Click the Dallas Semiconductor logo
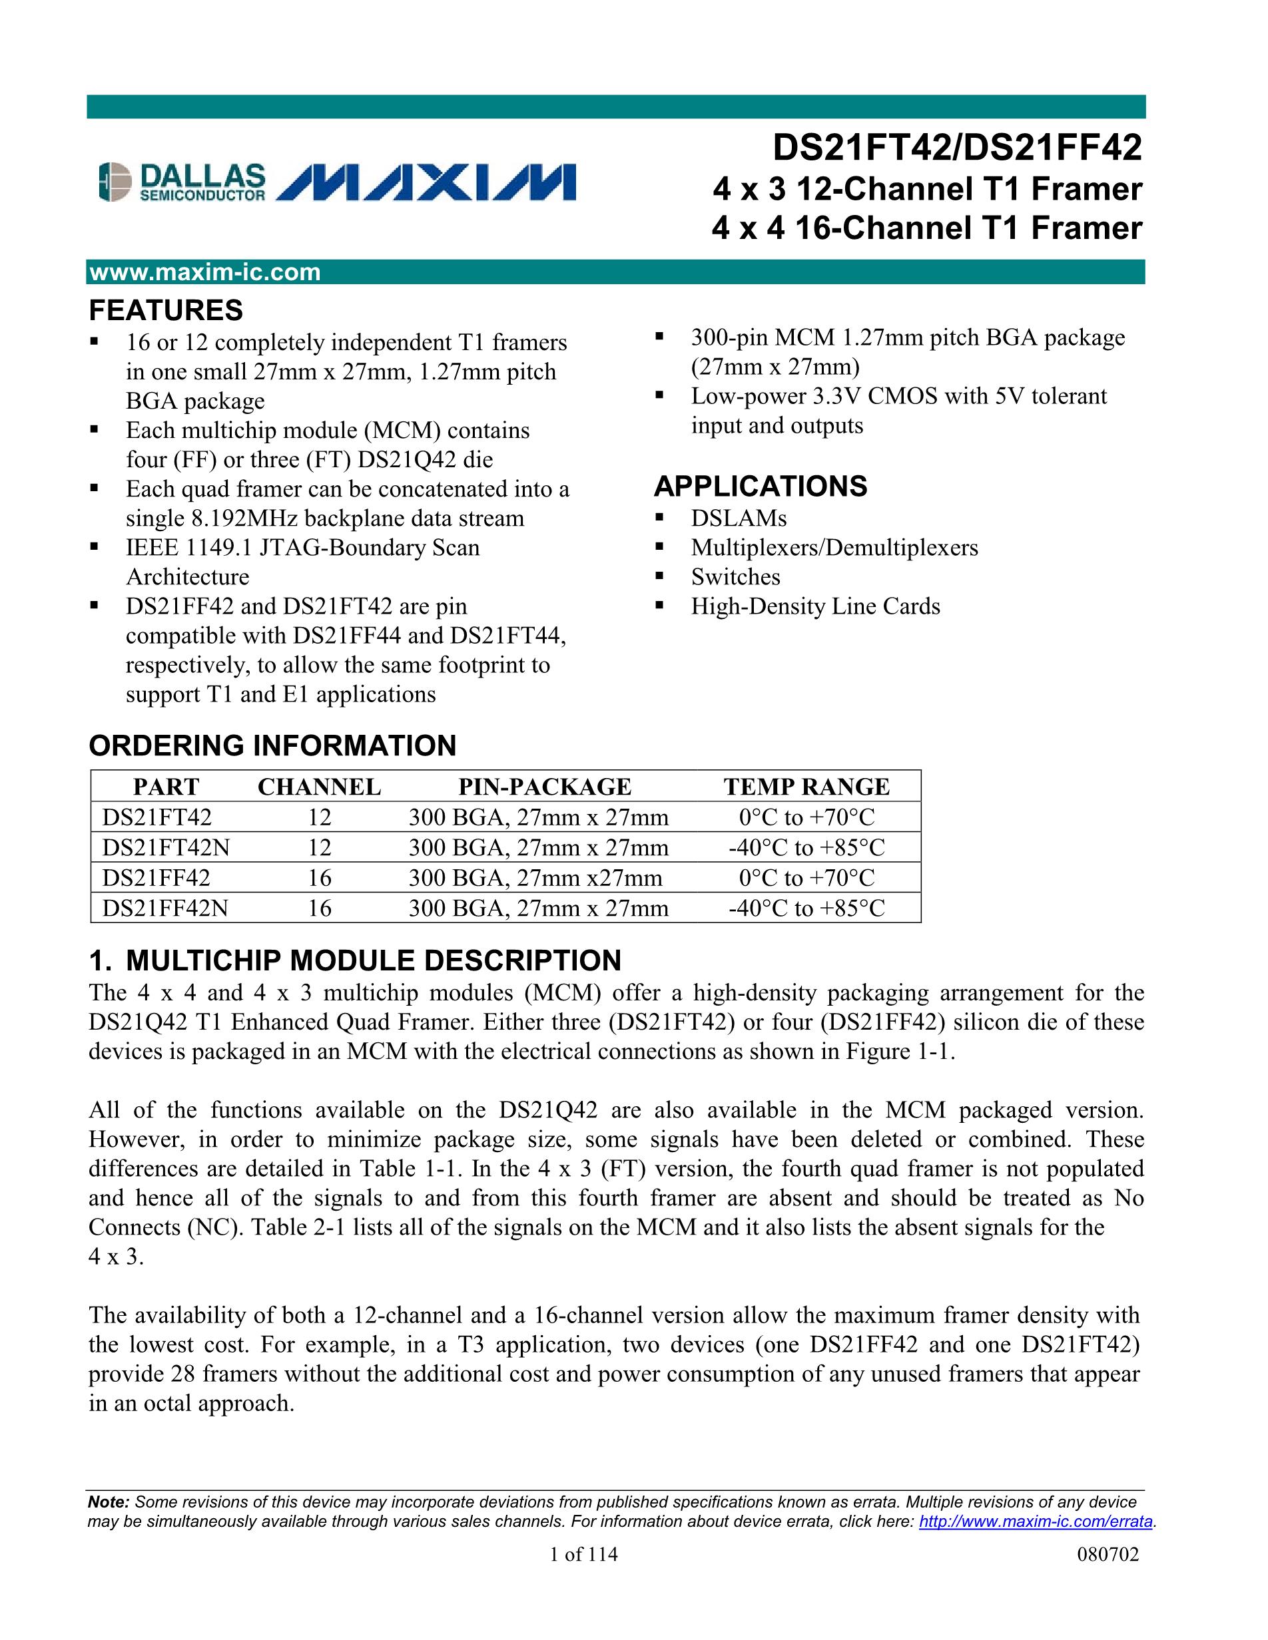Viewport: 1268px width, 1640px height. [x=182, y=182]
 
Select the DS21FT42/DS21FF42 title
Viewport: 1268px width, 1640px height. [x=957, y=147]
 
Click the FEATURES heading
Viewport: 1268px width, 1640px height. [x=166, y=310]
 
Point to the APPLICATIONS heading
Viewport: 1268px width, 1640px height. [x=760, y=487]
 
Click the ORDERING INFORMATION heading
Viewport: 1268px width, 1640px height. [x=272, y=745]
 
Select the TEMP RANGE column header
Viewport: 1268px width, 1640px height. [x=806, y=786]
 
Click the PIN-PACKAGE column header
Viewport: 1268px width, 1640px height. [x=545, y=786]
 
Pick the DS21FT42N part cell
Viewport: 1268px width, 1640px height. [x=166, y=848]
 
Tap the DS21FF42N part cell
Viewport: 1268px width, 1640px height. [x=165, y=909]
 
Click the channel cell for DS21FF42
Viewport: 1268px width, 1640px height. [x=319, y=878]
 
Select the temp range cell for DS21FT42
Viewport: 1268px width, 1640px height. [x=806, y=817]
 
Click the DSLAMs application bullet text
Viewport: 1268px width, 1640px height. [x=739, y=518]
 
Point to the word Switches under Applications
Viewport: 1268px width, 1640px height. [x=735, y=576]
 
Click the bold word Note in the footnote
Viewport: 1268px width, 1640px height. [x=108, y=1503]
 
